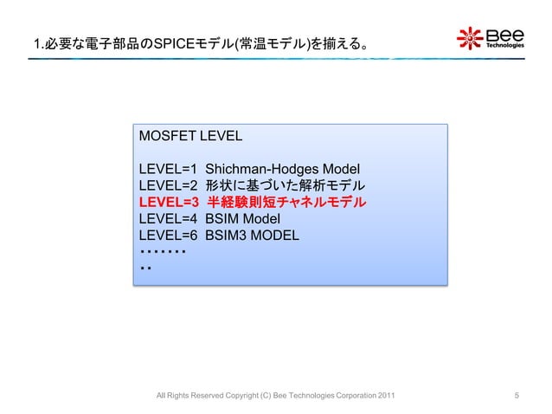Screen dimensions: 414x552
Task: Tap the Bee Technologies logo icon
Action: coord(471,39)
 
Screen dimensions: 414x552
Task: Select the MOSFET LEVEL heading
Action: coord(190,137)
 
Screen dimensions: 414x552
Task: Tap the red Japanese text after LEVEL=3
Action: coord(286,203)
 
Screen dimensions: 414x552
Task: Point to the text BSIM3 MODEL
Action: coord(252,236)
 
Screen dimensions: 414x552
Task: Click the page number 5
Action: coord(517,397)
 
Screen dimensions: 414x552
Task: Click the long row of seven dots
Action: coord(163,252)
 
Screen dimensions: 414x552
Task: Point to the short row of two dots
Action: coord(145,268)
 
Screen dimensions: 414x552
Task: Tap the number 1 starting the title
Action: coord(35,42)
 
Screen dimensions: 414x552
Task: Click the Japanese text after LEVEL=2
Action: coord(286,185)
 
